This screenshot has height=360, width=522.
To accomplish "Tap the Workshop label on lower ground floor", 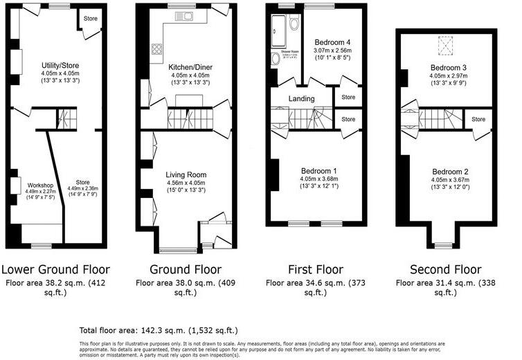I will tap(40, 186).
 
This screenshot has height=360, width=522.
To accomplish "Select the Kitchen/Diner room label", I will tap(190, 66).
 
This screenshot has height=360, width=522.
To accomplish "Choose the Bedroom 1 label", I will tap(318, 170).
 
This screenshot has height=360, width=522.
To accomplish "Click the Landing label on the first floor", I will tap(302, 98).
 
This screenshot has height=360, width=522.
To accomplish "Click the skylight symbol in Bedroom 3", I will tap(444, 45).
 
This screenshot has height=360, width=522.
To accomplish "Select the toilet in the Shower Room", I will tap(294, 24).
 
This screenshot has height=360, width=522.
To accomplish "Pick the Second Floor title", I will tap(444, 269).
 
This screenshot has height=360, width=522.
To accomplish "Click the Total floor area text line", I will tap(159, 330).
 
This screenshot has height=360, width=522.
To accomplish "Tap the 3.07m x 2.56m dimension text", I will tap(333, 51).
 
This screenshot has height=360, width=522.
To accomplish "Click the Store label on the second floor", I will tap(478, 120).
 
